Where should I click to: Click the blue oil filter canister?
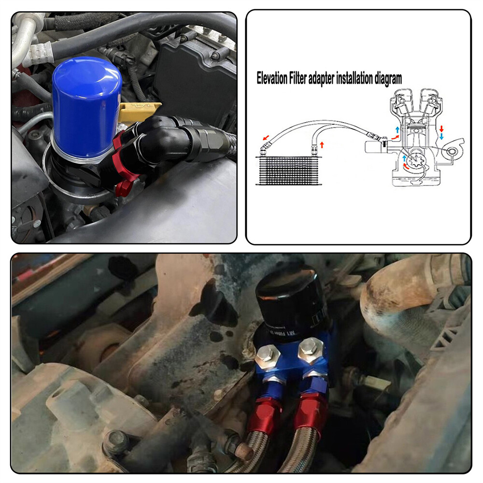86,106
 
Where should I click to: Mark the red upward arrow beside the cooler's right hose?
322,144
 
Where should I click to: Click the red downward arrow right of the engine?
441,128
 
